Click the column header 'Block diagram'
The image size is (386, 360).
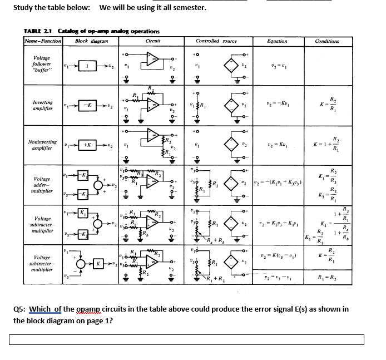coord(88,41)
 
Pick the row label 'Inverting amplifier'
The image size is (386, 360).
coord(43,106)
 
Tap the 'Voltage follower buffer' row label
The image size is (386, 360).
coord(42,65)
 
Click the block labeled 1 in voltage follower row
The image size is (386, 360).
coord(87,66)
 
